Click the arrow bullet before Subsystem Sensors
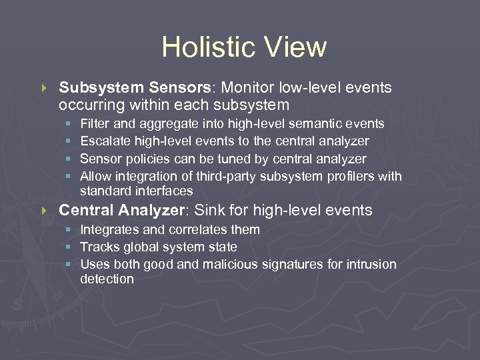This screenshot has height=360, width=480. (45, 88)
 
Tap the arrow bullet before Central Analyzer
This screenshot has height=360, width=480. (45, 211)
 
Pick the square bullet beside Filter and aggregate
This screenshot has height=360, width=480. (69, 124)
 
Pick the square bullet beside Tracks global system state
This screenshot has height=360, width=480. (69, 247)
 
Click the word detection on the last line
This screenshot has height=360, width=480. (107, 279)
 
